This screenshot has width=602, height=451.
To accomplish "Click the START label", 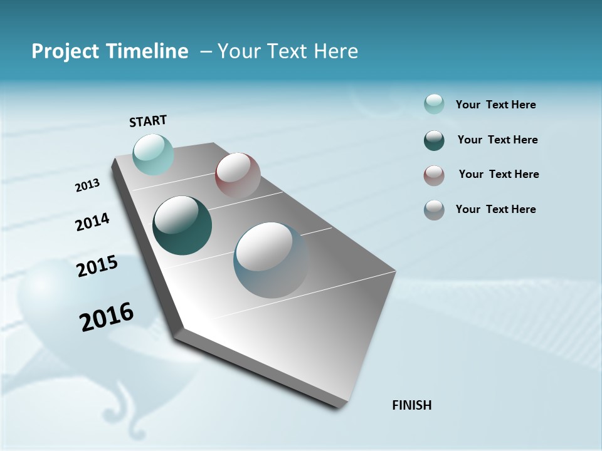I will [148, 121].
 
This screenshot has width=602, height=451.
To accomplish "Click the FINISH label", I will [411, 405].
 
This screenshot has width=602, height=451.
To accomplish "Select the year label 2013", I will [88, 185].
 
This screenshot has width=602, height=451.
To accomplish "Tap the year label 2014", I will [93, 222].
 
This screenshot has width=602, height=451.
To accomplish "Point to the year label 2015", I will [97, 266].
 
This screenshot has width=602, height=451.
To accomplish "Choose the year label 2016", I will [107, 316].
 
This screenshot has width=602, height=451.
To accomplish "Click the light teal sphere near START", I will [153, 154].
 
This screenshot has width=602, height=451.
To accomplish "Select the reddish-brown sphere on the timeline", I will [238, 175].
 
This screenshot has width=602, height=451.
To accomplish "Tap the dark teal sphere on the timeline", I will [182, 225].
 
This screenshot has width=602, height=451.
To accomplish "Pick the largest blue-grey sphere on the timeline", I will [271, 260].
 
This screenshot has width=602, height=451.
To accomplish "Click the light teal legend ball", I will [434, 105].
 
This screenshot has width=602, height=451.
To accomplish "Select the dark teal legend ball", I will [434, 140].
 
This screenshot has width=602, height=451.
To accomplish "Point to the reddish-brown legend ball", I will [434, 175].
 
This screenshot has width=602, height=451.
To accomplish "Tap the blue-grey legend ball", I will [434, 210].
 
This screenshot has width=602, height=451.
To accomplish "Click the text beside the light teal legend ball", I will [495, 105].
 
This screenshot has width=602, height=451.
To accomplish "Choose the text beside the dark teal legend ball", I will [497, 140].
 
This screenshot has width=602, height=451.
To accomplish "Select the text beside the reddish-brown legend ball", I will [499, 174].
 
